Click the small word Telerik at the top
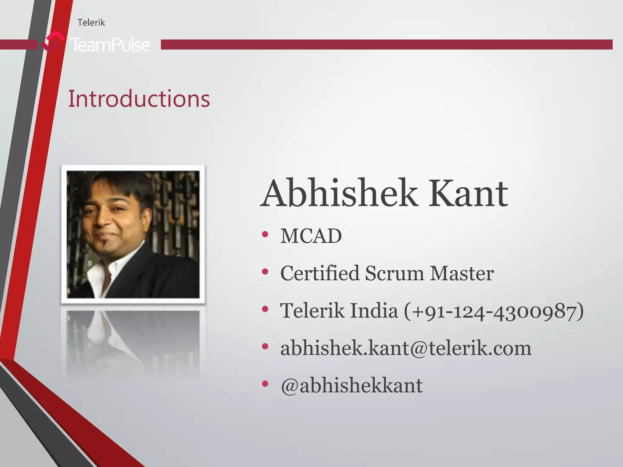coord(91,22)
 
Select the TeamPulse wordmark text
coord(110,45)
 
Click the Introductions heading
coord(139,99)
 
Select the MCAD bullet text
coord(311,236)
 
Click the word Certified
coord(319,273)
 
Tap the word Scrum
coord(394,273)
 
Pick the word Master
coord(461,273)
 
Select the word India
coord(374,310)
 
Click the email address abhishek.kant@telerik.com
coord(406,348)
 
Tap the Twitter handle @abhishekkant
coord(352,386)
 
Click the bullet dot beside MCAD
coord(265,234)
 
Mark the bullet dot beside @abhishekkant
coord(265,384)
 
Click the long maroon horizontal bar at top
coord(386,44)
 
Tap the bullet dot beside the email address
coord(265,346)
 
